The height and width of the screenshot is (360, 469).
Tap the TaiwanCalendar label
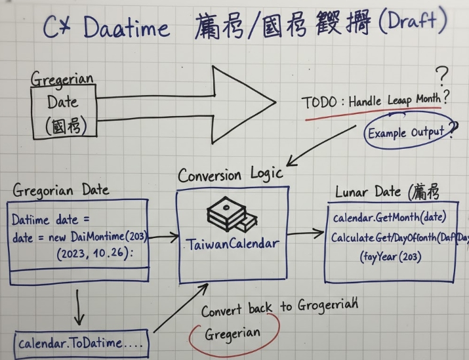[x=233, y=244]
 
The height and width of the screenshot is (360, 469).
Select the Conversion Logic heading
[x=230, y=174]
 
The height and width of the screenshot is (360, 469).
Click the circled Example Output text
[x=406, y=133]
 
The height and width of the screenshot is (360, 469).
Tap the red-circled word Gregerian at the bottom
[x=234, y=334]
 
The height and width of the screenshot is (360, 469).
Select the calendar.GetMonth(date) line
[x=390, y=217]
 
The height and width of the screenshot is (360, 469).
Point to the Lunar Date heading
[x=386, y=193]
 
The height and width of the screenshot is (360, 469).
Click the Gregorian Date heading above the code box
[x=60, y=190]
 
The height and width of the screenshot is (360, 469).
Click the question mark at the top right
[x=443, y=75]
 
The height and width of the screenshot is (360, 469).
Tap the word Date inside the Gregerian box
[x=62, y=102]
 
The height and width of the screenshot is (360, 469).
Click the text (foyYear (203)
[x=390, y=256]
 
